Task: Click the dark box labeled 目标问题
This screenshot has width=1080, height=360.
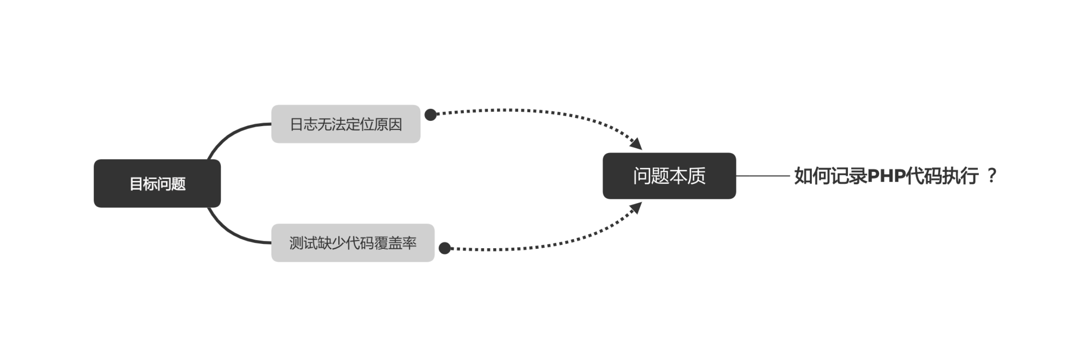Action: pyautogui.click(x=157, y=183)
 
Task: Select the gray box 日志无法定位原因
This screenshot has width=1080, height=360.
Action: pyautogui.click(x=346, y=124)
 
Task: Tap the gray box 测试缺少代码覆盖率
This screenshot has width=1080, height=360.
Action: pyautogui.click(x=353, y=243)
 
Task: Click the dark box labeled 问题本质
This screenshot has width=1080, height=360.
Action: pyautogui.click(x=669, y=176)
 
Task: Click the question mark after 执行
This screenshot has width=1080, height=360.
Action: pyautogui.click(x=992, y=175)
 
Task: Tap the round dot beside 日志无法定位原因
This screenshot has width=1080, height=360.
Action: pyautogui.click(x=430, y=115)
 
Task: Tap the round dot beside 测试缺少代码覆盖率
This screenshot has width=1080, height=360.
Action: pyautogui.click(x=444, y=248)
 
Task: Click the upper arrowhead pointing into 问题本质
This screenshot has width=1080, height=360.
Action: pyautogui.click(x=636, y=143)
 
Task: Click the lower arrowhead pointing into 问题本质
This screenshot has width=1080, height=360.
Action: pyautogui.click(x=636, y=208)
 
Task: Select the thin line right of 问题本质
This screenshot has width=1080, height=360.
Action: pyautogui.click(x=763, y=176)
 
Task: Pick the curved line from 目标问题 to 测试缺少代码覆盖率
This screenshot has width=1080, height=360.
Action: pyautogui.click(x=230, y=233)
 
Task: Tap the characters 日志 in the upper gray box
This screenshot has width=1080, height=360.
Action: pyautogui.click(x=303, y=124)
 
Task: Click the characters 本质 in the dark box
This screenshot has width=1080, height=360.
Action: pyautogui.click(x=687, y=176)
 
